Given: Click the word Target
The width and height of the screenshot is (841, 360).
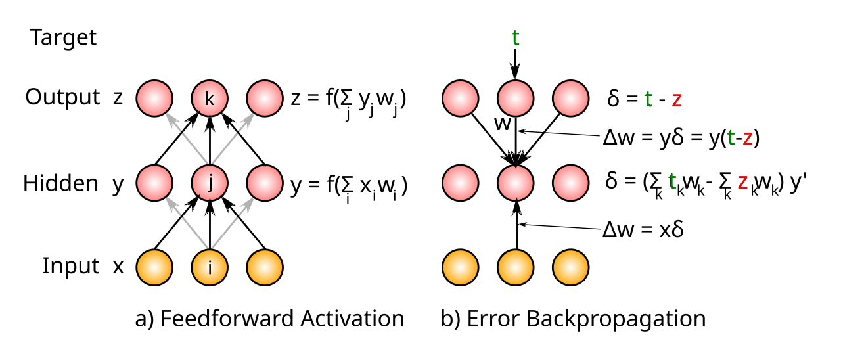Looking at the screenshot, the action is pyautogui.click(x=63, y=38).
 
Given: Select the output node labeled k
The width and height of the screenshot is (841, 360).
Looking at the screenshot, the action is pyautogui.click(x=210, y=99).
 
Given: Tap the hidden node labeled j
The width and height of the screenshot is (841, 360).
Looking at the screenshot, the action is pyautogui.click(x=210, y=183).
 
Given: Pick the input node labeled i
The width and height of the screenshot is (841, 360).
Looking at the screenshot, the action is pyautogui.click(x=210, y=267).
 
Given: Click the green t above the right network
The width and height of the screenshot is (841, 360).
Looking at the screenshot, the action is pyautogui.click(x=516, y=37).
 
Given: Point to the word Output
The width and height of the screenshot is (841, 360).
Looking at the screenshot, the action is pyautogui.click(x=62, y=97).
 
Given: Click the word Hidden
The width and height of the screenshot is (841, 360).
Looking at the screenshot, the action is pyautogui.click(x=60, y=183).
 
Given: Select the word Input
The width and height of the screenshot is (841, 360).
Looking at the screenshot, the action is pyautogui.click(x=70, y=266).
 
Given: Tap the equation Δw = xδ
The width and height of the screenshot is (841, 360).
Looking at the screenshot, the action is pyautogui.click(x=643, y=229).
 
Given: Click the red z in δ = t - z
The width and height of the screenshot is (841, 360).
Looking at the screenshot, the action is pyautogui.click(x=677, y=100).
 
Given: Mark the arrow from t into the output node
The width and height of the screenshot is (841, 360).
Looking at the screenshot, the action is pyautogui.click(x=515, y=64).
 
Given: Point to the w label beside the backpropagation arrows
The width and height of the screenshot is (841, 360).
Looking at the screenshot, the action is pyautogui.click(x=503, y=123).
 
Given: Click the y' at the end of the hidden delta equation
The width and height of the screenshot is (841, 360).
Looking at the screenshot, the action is pyautogui.click(x=798, y=183).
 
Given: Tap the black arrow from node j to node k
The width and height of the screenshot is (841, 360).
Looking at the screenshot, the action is pyautogui.click(x=210, y=141).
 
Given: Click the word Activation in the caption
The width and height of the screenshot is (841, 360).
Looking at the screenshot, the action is pyautogui.click(x=352, y=319).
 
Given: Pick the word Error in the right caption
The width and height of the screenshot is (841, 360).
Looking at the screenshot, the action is pyautogui.click(x=491, y=319).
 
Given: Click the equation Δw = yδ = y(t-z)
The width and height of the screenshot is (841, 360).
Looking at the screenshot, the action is pyautogui.click(x=681, y=138).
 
